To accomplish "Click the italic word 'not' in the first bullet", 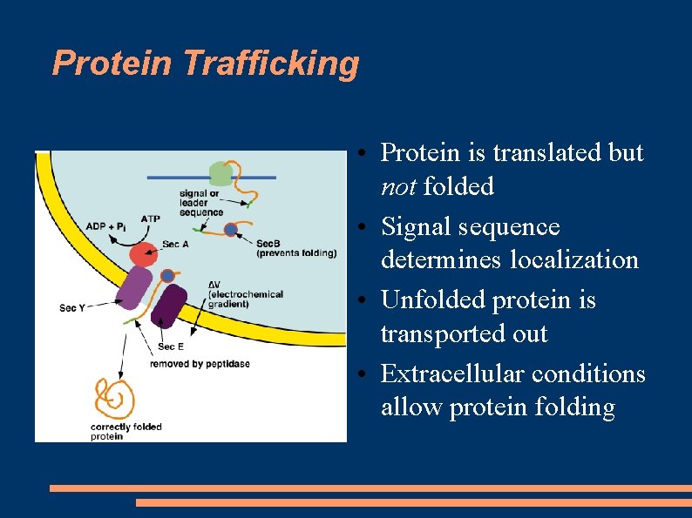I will click(x=397, y=186).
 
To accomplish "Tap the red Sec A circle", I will click(x=144, y=255).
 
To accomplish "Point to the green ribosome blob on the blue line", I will click(x=221, y=173).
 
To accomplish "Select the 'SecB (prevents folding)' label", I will click(x=295, y=248).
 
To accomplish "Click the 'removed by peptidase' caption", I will click(x=200, y=363).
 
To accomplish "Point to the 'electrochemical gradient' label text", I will click(x=245, y=299).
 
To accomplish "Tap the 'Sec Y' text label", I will click(x=73, y=307).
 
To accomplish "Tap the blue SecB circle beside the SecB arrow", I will click(x=231, y=230).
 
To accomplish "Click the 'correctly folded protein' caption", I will click(x=126, y=432).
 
